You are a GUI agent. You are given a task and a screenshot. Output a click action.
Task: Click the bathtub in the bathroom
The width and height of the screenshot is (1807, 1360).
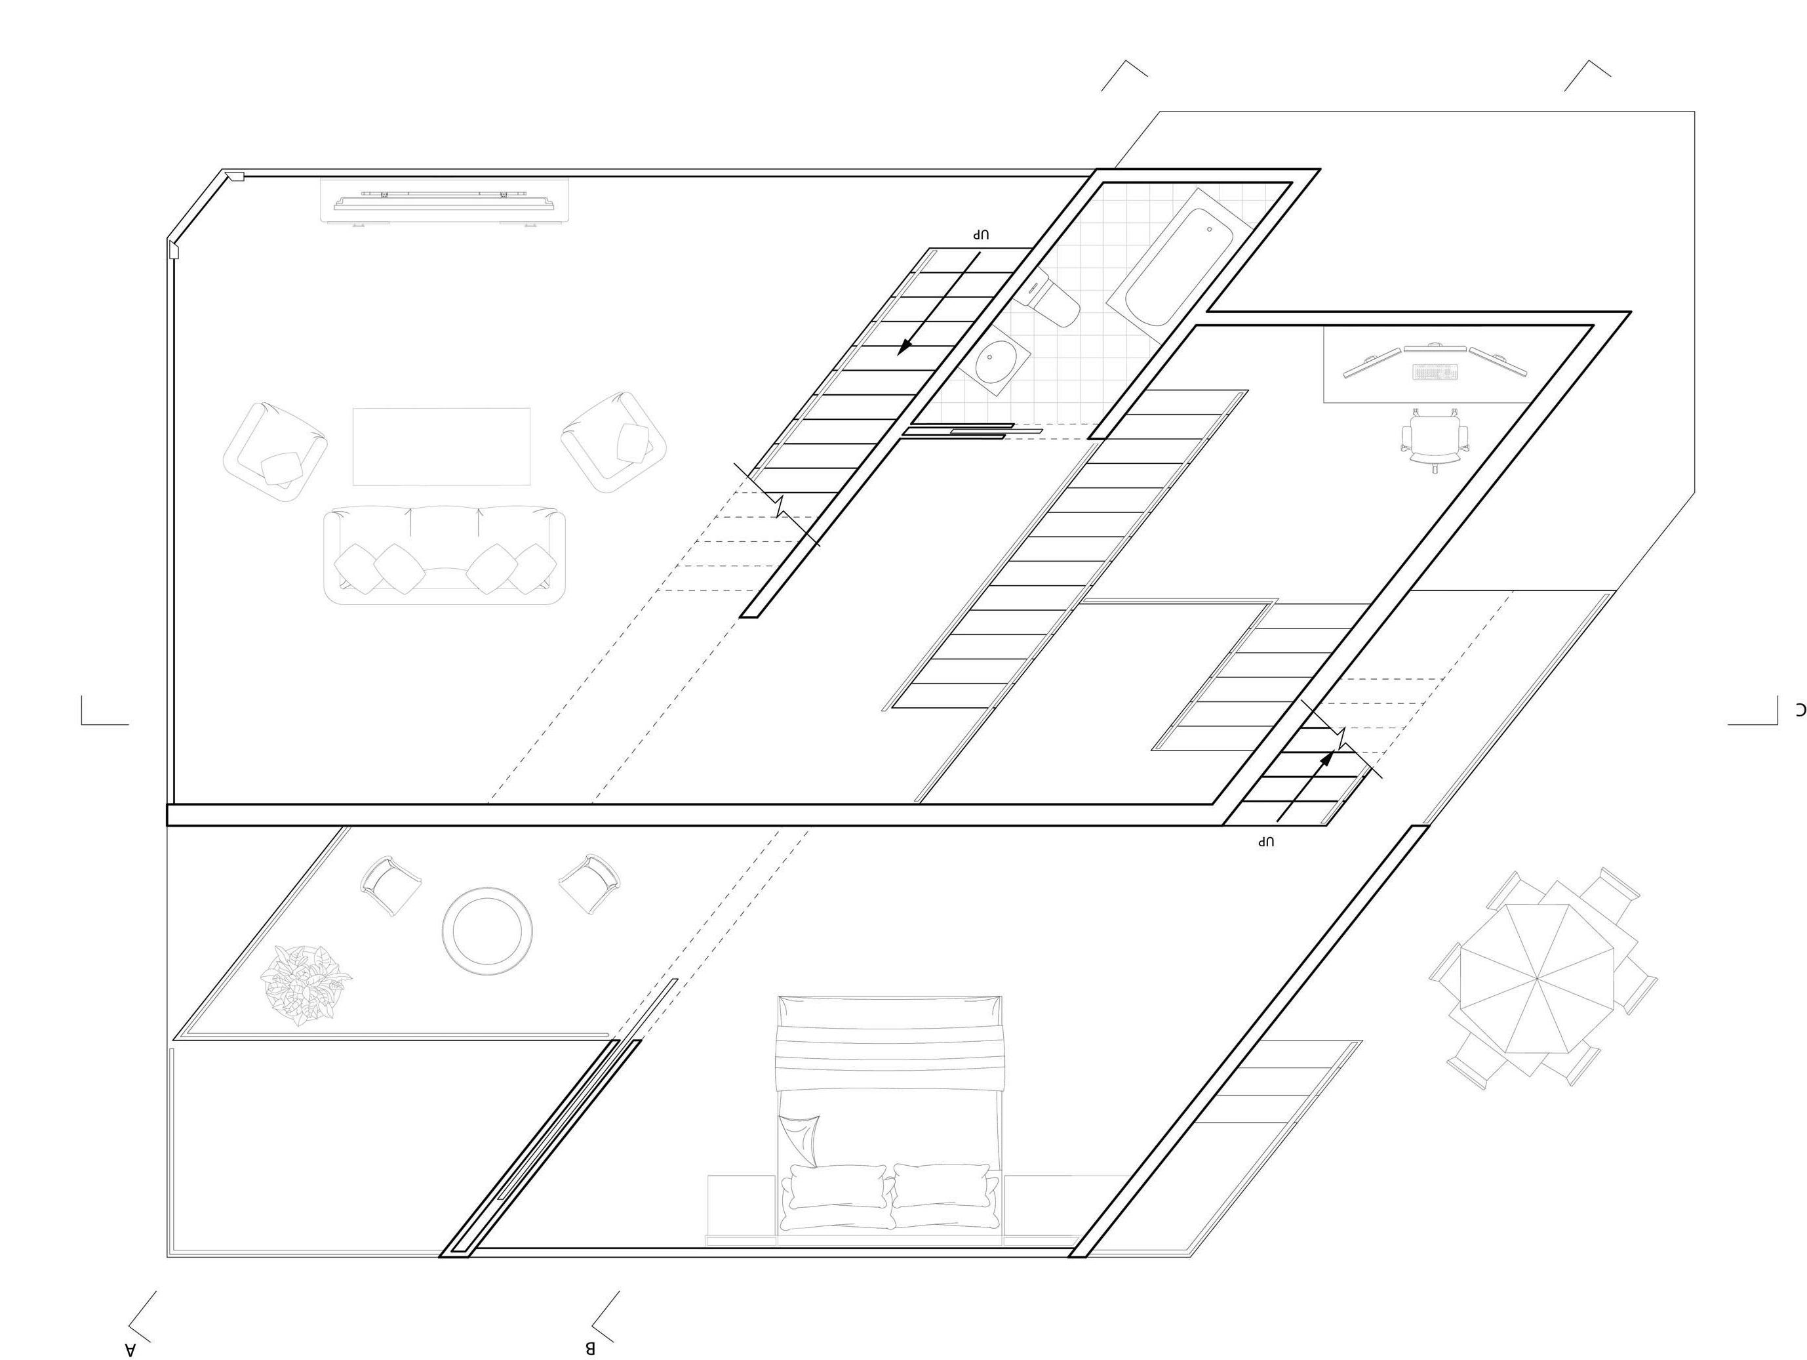1176,266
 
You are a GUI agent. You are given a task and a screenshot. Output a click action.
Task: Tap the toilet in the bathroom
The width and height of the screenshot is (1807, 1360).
1054,302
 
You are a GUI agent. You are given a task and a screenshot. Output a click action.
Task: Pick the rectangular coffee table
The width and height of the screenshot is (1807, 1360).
441,447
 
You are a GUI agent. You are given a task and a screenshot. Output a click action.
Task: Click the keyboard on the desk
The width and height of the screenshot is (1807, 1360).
1435,373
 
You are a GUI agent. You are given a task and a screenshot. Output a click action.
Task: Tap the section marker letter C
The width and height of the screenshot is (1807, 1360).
1800,708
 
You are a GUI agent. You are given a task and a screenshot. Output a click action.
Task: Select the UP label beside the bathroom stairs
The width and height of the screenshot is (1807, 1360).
981,235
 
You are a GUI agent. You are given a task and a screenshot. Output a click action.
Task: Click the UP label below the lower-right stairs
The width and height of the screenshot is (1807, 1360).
1266,841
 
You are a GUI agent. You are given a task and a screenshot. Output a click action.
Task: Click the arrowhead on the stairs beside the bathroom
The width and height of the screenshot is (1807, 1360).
904,346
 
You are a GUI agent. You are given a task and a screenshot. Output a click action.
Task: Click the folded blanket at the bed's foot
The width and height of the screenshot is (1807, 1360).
890,1044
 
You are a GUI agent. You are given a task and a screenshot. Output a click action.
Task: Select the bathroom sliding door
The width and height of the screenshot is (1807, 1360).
972,430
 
